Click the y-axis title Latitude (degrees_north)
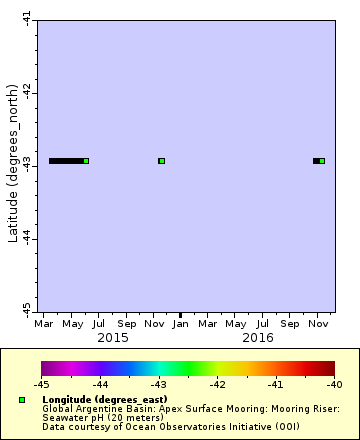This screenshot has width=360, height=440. [13, 165]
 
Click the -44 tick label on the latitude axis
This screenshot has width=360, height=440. [27, 238]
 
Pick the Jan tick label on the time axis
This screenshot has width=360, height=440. [181, 324]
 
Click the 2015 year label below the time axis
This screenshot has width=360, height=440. [112, 338]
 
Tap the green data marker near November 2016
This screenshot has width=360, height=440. [322, 161]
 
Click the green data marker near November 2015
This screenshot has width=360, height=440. [162, 161]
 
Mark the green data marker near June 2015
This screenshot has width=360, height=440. [86, 161]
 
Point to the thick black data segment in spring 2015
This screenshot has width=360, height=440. [65, 161]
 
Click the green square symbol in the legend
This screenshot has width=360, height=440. [21, 400]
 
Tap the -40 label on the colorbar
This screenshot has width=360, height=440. [334, 384]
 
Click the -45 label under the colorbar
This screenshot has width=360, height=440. [41, 384]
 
